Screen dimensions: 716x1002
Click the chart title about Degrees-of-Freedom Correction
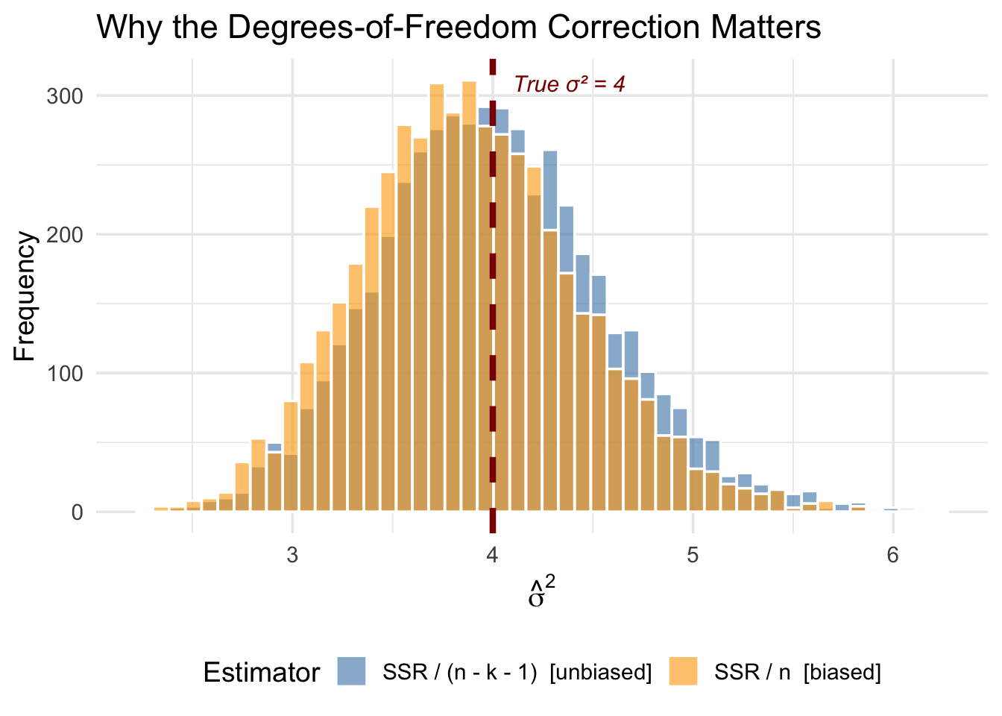459,28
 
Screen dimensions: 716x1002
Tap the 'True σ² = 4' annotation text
570,84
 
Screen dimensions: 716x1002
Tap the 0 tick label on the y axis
78,512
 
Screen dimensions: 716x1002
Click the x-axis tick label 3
292,556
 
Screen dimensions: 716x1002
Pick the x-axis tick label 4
492,556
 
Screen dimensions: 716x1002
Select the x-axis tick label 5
693,556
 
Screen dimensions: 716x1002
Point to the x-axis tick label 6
892,556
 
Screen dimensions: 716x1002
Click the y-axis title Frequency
25,296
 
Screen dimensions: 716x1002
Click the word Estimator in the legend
262,673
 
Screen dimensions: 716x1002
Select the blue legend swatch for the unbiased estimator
351,671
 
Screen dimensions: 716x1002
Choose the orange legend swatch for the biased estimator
683,671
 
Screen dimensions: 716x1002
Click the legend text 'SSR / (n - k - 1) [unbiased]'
517,673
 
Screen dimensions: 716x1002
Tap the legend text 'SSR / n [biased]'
798,673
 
